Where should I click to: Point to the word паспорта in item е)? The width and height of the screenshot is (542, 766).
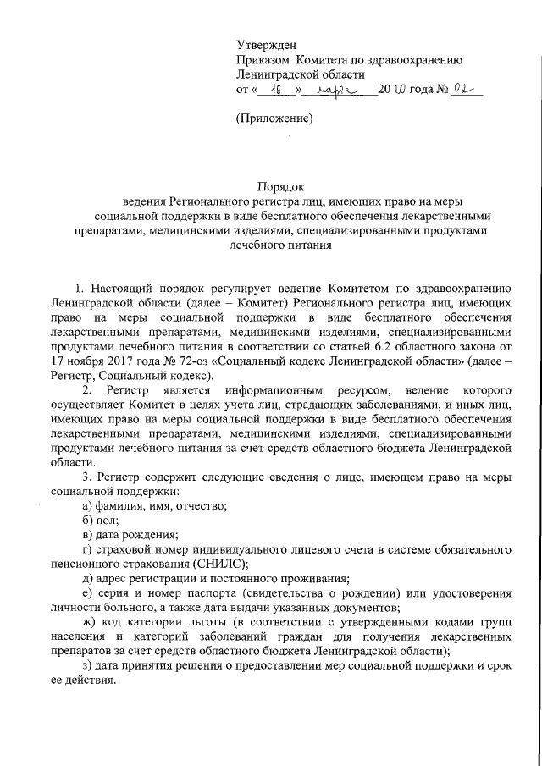coord(202,593)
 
